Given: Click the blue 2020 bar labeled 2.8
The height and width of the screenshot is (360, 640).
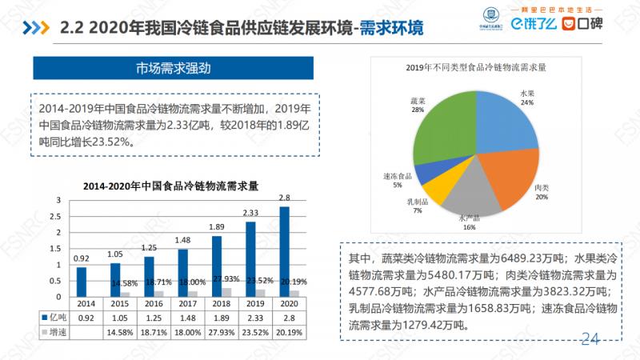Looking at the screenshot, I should [x=285, y=252].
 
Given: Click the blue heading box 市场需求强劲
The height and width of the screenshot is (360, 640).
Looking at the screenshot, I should [x=173, y=67].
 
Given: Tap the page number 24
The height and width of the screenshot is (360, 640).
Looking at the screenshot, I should [x=590, y=338].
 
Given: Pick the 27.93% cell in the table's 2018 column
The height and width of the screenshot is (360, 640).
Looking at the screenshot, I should [x=217, y=331].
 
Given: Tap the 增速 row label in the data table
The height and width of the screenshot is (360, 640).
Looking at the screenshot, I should [x=54, y=331].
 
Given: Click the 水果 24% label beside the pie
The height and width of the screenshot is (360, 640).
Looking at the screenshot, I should [x=527, y=98].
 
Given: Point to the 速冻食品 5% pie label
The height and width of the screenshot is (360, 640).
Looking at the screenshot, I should [x=398, y=180].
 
